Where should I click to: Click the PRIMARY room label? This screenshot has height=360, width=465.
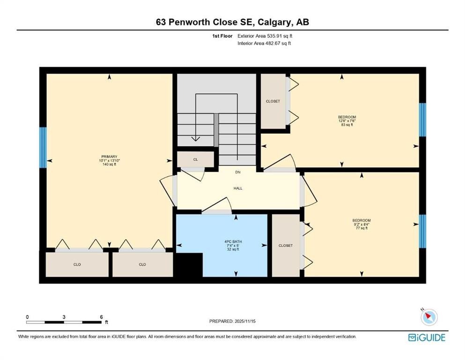point(109,157)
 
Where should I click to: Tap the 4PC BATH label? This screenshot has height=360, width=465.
point(232,241)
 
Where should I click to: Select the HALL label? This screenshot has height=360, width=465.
point(238,188)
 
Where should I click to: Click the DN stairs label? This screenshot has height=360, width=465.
point(238,172)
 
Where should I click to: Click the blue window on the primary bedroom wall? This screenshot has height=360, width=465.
point(43,147)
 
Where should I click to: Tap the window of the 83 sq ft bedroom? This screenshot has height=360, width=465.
point(422,119)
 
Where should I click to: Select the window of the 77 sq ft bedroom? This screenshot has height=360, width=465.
point(422,231)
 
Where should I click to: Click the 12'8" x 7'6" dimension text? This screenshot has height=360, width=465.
point(347,121)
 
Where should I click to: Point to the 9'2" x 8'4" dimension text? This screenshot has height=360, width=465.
point(362,225)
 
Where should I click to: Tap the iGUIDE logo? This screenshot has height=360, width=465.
point(426,337)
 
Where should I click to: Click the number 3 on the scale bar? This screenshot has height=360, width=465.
point(64,317)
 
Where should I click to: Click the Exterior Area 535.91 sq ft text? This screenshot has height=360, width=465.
point(266,36)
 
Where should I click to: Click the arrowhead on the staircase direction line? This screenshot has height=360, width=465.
point(195,139)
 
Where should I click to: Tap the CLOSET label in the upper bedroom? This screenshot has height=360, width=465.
point(273,101)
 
